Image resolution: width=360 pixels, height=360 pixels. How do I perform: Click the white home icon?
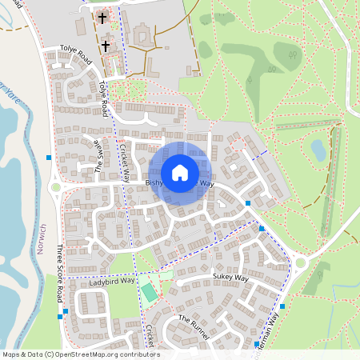[180, 172]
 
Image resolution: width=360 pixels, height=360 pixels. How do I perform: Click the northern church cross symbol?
[102, 17]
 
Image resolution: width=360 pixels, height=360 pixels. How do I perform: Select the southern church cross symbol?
[106, 47]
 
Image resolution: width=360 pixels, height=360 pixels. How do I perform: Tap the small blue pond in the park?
[318, 150]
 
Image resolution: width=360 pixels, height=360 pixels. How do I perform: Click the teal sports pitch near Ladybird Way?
[150, 291]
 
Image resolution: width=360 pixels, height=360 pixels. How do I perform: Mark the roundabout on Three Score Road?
[55, 188]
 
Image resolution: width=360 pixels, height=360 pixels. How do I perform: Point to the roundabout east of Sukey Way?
[300, 262]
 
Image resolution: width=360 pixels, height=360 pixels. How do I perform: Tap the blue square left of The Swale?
[49, 158]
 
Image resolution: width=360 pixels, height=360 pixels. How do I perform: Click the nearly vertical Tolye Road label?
[105, 98]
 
